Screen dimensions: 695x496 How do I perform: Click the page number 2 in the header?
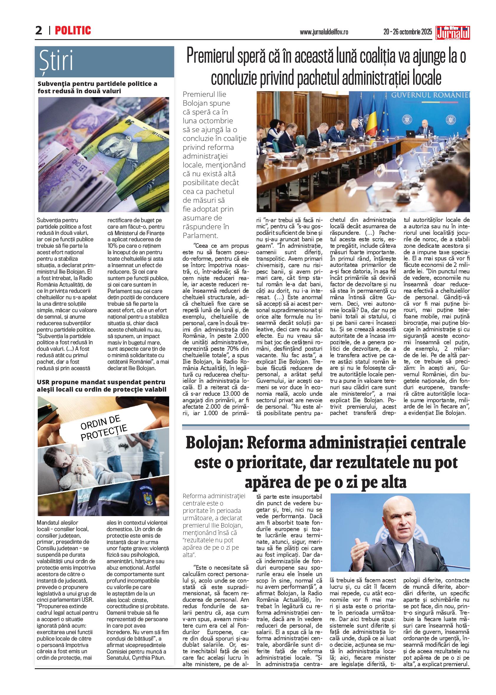pos(39,31)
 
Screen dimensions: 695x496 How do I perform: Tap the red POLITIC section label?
pos(73,31)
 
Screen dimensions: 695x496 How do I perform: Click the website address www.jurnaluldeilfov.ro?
pos(324,32)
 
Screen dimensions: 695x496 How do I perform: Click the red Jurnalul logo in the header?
pos(453,33)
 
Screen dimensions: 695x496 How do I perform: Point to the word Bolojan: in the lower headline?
pos(214,443)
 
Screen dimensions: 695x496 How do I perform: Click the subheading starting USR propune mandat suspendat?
pos(101,385)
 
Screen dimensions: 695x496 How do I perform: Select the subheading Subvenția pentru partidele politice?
pos(97,87)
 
